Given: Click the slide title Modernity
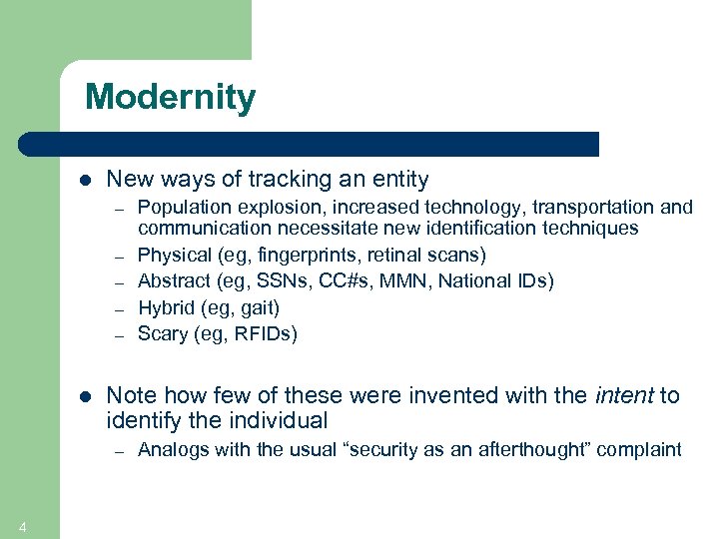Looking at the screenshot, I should (170, 97).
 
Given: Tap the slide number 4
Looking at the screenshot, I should (22, 527).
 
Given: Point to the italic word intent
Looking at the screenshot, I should (623, 395).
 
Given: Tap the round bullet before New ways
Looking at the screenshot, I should (85, 181).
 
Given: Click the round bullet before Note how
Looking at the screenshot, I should (85, 396).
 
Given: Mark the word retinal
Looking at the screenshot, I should (394, 255).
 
